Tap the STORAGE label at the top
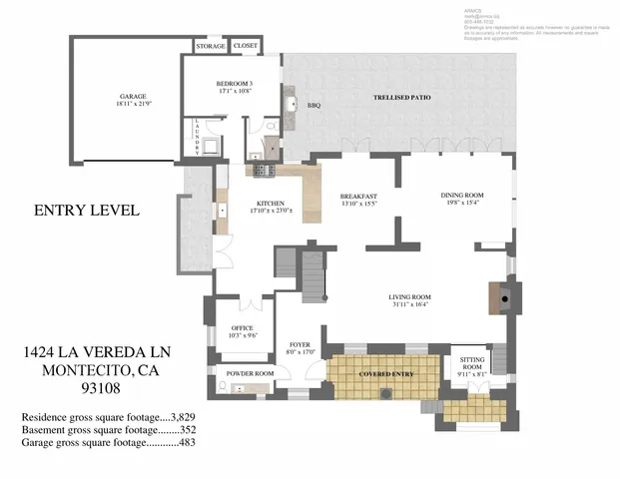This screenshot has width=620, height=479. tap(210, 46)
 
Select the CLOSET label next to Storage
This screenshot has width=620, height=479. tap(245, 46)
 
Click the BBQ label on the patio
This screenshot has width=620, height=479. tap(312, 105)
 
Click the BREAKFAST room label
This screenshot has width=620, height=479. tap(357, 197)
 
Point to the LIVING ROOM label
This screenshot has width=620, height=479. tap(409, 297)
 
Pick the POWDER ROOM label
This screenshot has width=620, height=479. tap(250, 373)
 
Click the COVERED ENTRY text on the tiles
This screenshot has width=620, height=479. tap(385, 373)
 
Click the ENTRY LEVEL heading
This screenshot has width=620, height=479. tap(86, 211)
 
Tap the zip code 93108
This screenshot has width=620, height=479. tap(90, 389)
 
